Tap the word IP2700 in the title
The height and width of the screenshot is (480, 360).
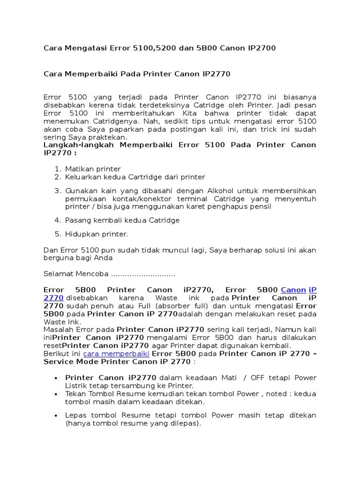point(259,48)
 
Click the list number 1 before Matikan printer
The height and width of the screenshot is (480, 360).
point(57,169)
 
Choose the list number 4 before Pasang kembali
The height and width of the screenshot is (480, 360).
point(57,220)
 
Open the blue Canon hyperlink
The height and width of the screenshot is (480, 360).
point(293,290)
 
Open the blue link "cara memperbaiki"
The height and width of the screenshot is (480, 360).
point(116,353)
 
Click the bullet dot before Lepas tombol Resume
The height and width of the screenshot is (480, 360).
point(57,416)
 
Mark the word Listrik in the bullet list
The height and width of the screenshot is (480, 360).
point(76,385)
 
